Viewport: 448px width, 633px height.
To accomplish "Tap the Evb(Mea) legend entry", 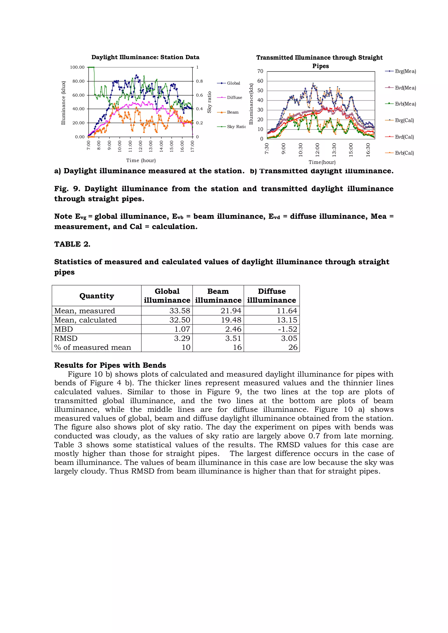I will [405, 104].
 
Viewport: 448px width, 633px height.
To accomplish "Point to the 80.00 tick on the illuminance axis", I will [78, 81].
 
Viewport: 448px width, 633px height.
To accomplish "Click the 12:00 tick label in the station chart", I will [140, 146].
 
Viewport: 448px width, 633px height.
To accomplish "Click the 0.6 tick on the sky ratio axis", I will [199, 95].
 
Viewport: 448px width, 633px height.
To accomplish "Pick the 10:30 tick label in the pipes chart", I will [301, 150].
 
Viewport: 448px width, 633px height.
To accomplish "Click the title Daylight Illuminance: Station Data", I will [145, 57].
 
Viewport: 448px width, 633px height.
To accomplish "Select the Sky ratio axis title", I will [209, 102].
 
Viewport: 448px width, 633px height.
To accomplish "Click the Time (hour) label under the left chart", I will [141, 160].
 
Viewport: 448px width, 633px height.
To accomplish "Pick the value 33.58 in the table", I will [180, 311].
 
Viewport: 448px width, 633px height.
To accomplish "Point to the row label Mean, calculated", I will [86, 320].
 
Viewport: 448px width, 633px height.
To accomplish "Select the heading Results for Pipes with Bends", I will [110, 365].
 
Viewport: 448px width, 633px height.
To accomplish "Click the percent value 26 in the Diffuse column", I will [293, 347].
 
